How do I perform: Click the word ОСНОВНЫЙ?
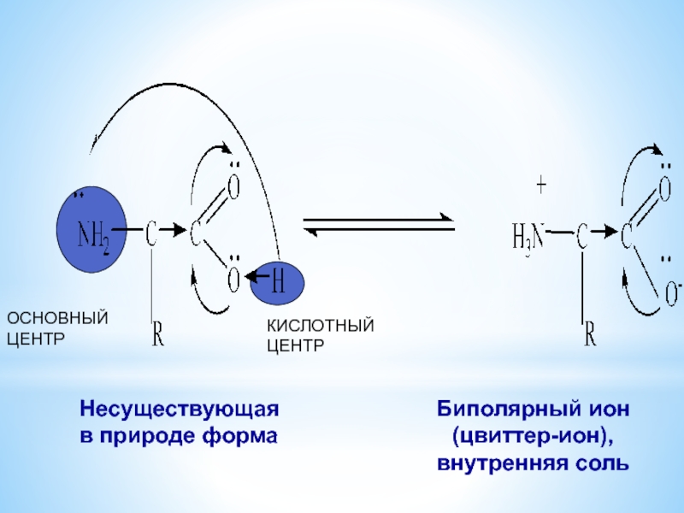(x=58, y=319)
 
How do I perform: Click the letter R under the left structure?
(x=158, y=336)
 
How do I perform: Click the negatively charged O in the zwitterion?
(x=673, y=292)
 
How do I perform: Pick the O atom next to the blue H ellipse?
(x=233, y=278)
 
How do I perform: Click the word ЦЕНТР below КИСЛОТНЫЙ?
(x=296, y=346)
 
